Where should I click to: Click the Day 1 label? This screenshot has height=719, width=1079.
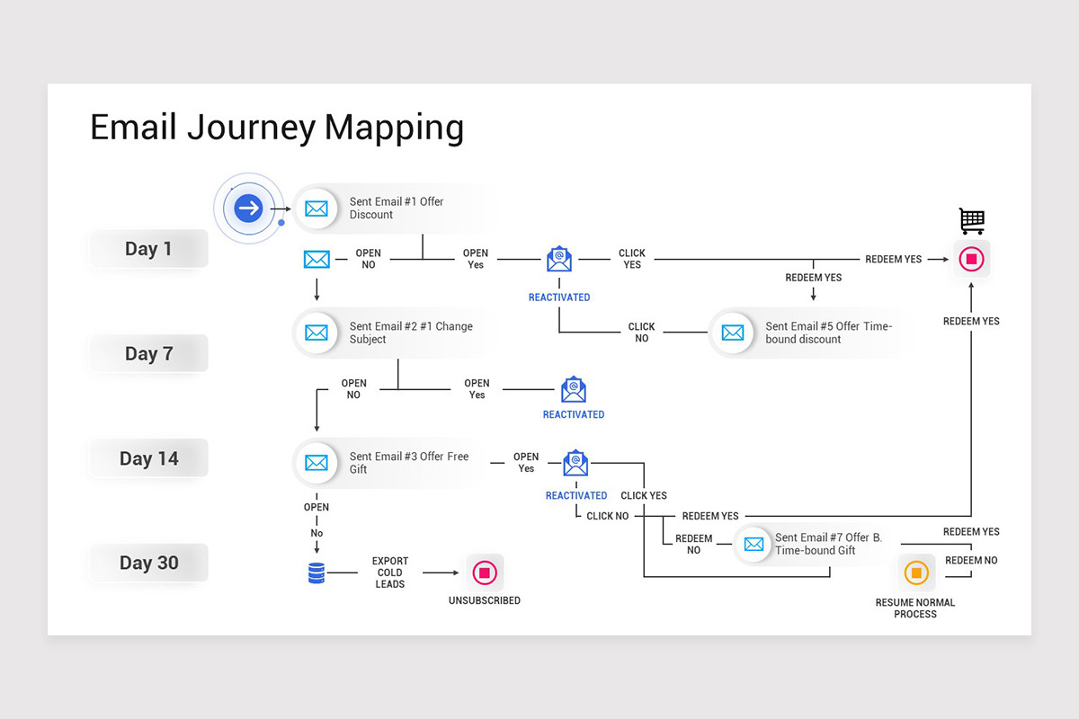pos(148,249)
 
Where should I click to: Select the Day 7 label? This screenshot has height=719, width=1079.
pos(148,354)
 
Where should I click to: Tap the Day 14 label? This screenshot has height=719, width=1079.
pos(148,458)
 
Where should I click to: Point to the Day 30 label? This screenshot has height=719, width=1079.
pos(148,564)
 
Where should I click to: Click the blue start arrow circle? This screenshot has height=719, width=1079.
pos(249,209)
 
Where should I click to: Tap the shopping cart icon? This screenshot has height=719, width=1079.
pos(971,220)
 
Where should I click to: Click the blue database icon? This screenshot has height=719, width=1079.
pos(317,573)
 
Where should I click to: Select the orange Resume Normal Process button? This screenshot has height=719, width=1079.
pos(915,573)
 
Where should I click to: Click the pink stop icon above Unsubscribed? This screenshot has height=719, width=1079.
pos(484,573)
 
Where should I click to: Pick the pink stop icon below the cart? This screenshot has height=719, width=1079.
pos(971,260)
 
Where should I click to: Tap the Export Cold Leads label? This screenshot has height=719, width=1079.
pos(389,573)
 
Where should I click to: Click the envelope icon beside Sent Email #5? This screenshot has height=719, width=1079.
pos(733,333)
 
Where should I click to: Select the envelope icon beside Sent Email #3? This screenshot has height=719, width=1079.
pos(316,463)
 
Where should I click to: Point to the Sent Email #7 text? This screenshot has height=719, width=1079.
pos(828,544)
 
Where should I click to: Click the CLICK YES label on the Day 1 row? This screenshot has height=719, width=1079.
pos(632,259)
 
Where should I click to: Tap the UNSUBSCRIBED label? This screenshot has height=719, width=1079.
pos(484,600)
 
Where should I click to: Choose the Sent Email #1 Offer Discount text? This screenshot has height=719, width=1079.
pos(397,208)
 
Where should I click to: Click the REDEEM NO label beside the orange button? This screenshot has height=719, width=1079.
pos(971,560)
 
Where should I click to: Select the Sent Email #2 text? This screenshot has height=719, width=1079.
pos(410,333)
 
